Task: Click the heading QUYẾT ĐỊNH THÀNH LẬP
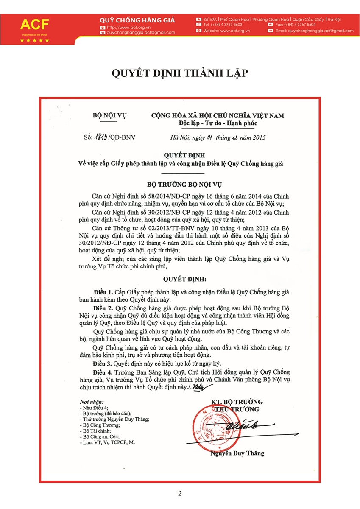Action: tap(180, 73)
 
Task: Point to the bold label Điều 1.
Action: tap(103, 293)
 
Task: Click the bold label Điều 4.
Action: tap(103, 372)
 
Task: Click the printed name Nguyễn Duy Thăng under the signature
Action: tap(237, 453)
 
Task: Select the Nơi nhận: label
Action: tap(91, 401)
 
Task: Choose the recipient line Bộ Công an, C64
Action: tap(100, 436)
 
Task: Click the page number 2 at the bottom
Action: tap(180, 493)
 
